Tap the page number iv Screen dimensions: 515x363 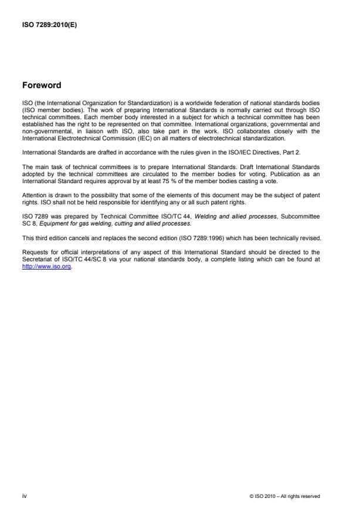(23, 496)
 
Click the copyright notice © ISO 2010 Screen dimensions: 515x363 (284, 496)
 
